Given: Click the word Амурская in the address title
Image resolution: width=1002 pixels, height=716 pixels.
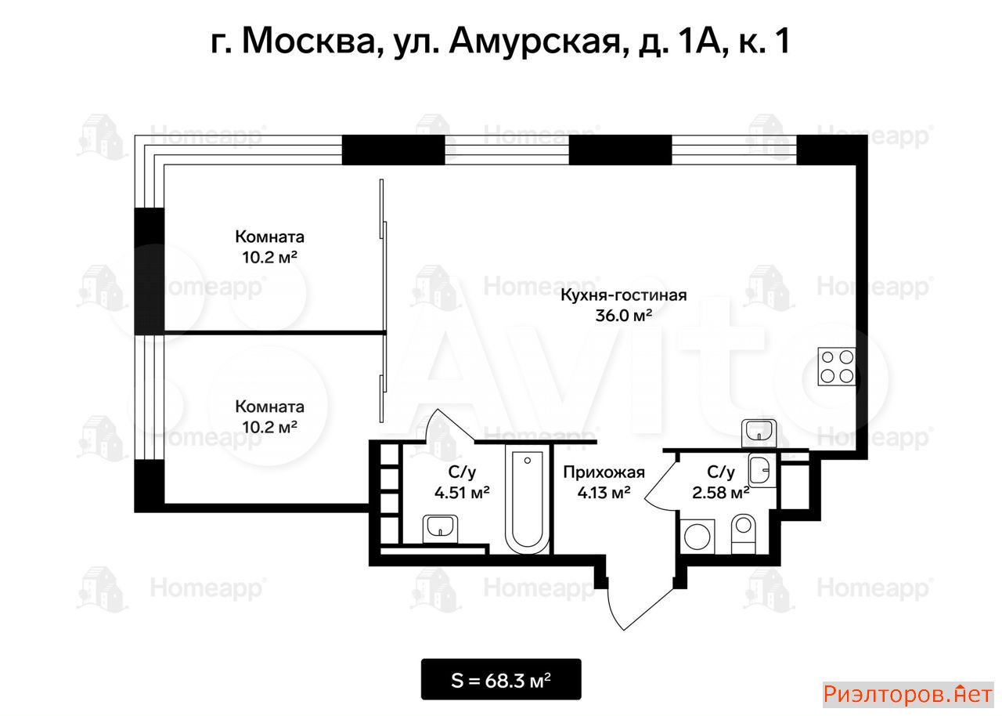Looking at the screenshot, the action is point(535,42).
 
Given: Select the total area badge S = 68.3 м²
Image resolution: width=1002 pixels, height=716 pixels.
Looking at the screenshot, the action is point(501,680).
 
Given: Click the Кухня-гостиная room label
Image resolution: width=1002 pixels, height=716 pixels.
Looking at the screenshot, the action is point(624,295).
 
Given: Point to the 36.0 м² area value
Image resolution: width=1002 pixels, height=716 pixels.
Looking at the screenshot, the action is point(624,316).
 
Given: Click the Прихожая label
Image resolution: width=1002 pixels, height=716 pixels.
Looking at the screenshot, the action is point(604,472).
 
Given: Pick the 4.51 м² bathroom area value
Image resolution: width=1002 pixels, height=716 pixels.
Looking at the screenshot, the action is point(462,493).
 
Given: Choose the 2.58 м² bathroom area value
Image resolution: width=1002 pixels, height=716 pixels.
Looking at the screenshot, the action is point(721,493).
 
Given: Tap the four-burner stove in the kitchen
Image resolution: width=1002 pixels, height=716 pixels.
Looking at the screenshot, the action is point(837,367).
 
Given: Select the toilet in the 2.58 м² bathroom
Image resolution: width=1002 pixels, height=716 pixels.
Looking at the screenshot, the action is point(744,534).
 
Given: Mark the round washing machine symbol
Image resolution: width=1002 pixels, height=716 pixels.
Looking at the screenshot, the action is point(697,537).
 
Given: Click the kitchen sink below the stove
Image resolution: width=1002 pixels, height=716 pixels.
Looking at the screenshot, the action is point(759,432).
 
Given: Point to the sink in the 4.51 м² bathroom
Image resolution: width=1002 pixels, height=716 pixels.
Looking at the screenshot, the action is point(440,529).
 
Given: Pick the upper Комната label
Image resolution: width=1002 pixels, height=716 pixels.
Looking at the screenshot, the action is point(270,237).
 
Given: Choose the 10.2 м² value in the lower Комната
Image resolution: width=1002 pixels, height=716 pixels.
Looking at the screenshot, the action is point(270,427).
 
